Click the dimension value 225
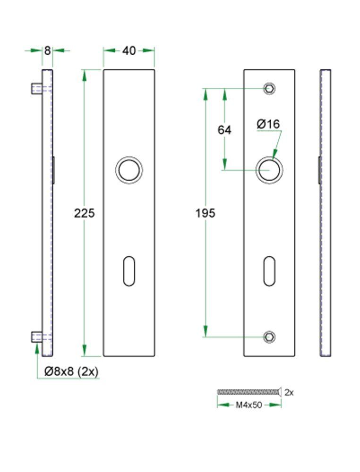(x=85, y=213)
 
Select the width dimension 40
(x=129, y=51)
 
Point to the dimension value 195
(x=206, y=213)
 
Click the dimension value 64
(x=224, y=130)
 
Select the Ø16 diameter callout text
(x=268, y=124)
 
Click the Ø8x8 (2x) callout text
(x=71, y=371)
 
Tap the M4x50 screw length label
(x=249, y=405)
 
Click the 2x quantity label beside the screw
(x=290, y=392)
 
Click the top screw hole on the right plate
(x=269, y=88)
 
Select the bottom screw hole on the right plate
(x=269, y=336)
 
